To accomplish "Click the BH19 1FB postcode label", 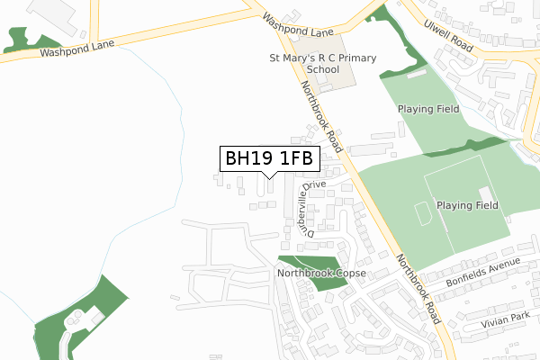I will pos(268,158).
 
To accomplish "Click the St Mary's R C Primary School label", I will pos(323,63).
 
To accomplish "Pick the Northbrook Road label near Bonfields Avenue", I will pos(419,286).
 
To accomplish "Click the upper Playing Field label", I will pos(428,109).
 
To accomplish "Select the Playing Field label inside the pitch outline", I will pos(467,205).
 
